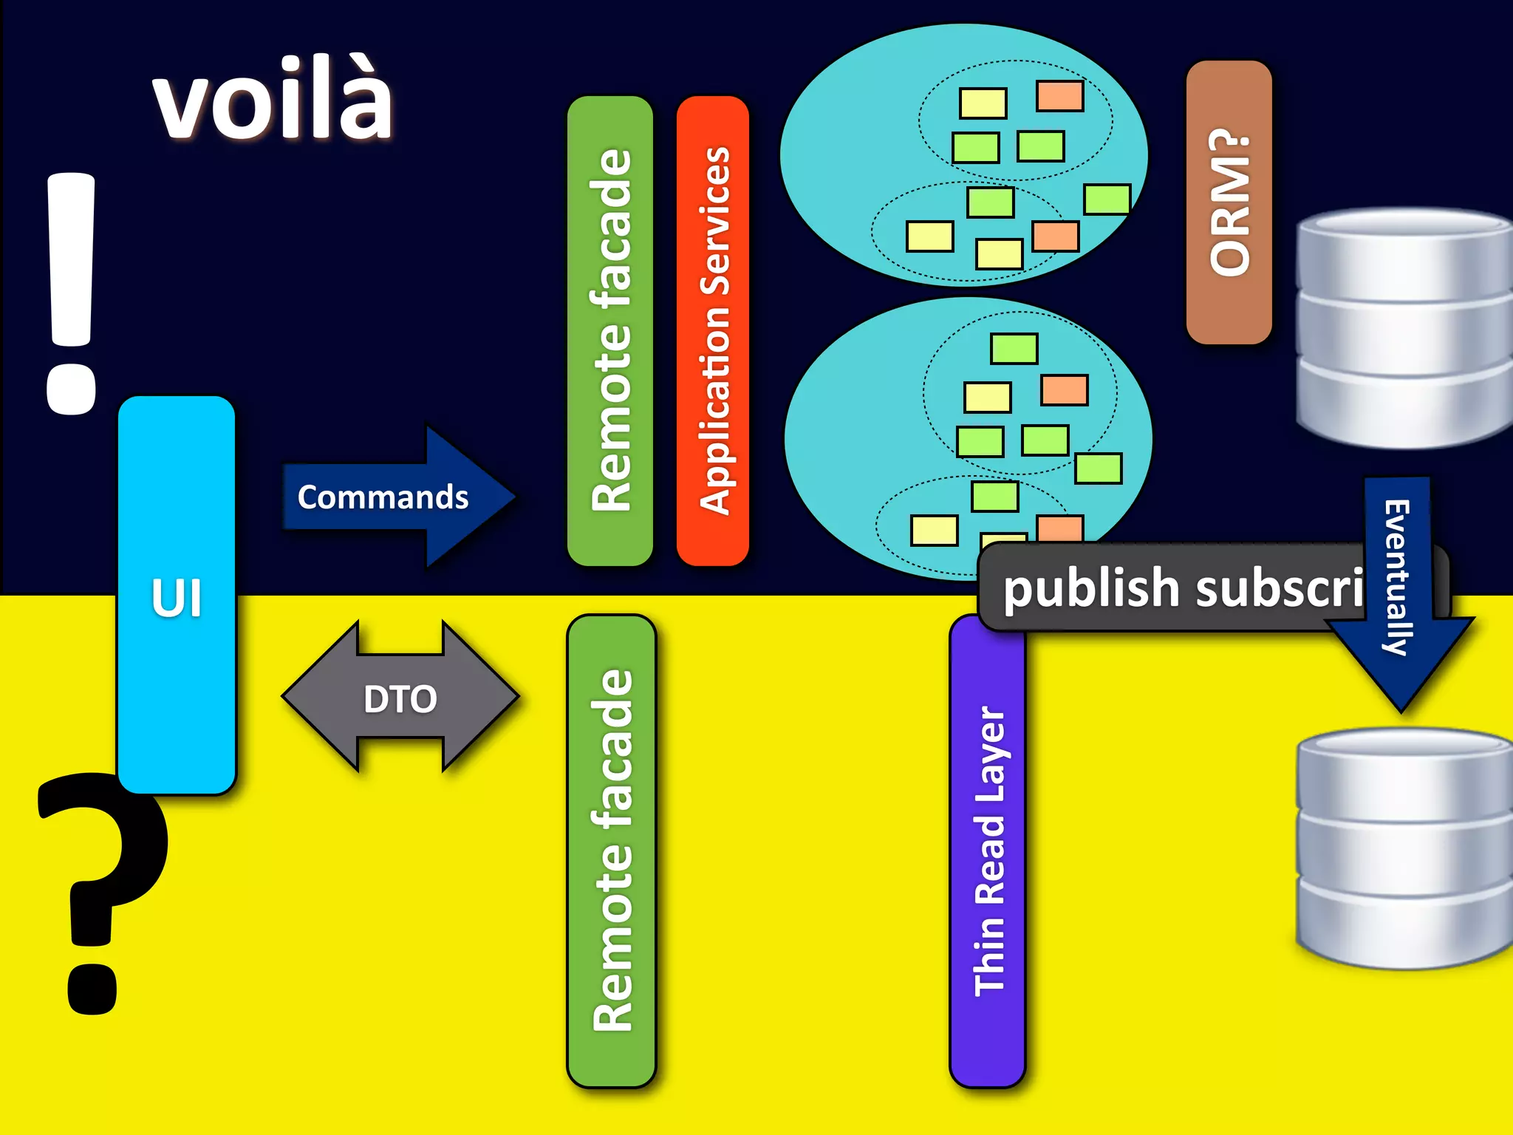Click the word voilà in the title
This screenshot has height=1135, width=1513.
273,100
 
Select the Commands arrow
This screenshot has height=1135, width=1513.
399,497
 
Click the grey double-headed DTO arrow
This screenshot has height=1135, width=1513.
400,698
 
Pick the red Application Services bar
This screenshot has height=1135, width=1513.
713,331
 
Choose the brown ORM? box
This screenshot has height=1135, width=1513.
1229,202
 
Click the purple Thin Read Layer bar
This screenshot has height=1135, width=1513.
988,850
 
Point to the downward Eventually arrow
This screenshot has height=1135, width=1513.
1398,591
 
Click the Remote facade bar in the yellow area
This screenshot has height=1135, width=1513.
612,850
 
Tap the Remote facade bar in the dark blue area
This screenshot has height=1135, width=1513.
610,331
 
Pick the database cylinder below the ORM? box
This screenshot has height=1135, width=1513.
1404,328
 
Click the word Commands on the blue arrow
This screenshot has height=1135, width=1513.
383,497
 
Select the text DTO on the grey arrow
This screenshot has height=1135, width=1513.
400,699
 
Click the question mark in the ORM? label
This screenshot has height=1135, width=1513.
1229,143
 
